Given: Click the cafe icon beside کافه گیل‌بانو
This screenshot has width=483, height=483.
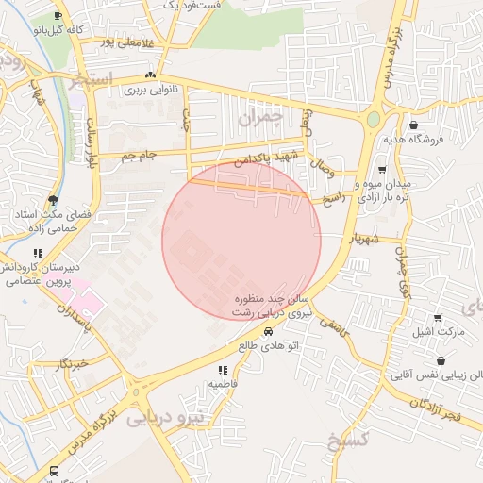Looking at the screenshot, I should [x=59, y=17].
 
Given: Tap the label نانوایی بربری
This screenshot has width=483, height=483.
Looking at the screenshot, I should [x=147, y=92].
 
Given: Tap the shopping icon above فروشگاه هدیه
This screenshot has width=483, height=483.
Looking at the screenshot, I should [x=414, y=125].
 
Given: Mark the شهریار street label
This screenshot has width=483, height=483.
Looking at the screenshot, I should [x=363, y=241].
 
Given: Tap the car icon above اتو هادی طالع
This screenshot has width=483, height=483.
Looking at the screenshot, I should [x=269, y=332].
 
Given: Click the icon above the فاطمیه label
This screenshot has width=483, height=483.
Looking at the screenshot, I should [x=223, y=371].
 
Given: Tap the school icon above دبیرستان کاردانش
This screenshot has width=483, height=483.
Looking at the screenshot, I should [x=38, y=253].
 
